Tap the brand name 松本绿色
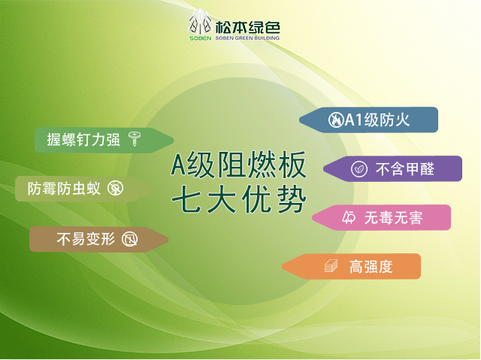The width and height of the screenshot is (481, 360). point(247,28)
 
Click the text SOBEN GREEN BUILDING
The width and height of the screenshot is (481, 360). point(247,38)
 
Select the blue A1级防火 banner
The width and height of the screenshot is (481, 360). point(368,120)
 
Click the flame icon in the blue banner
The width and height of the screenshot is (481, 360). point(336,120)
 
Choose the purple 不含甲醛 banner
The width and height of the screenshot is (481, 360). point(392,168)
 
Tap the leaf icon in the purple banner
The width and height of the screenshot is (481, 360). point(359,169)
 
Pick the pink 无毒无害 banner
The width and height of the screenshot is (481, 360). point(381,217)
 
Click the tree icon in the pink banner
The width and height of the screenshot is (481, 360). point(349,217)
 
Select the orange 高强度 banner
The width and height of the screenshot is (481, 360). point(351,266)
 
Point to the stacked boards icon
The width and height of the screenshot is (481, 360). point(331,266)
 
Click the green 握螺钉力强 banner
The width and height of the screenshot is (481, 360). point(104,141)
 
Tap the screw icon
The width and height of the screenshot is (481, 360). point(135,139)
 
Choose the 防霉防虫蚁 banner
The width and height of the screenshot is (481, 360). point(85,189)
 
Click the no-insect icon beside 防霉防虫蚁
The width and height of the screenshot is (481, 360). point(115,189)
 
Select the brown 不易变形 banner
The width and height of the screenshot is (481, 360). point(98,240)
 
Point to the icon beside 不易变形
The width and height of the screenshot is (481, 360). point(130,239)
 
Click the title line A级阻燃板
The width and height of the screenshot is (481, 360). point(238,165)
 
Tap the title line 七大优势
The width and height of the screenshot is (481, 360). point(239,200)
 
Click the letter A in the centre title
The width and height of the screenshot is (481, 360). point(179,165)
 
